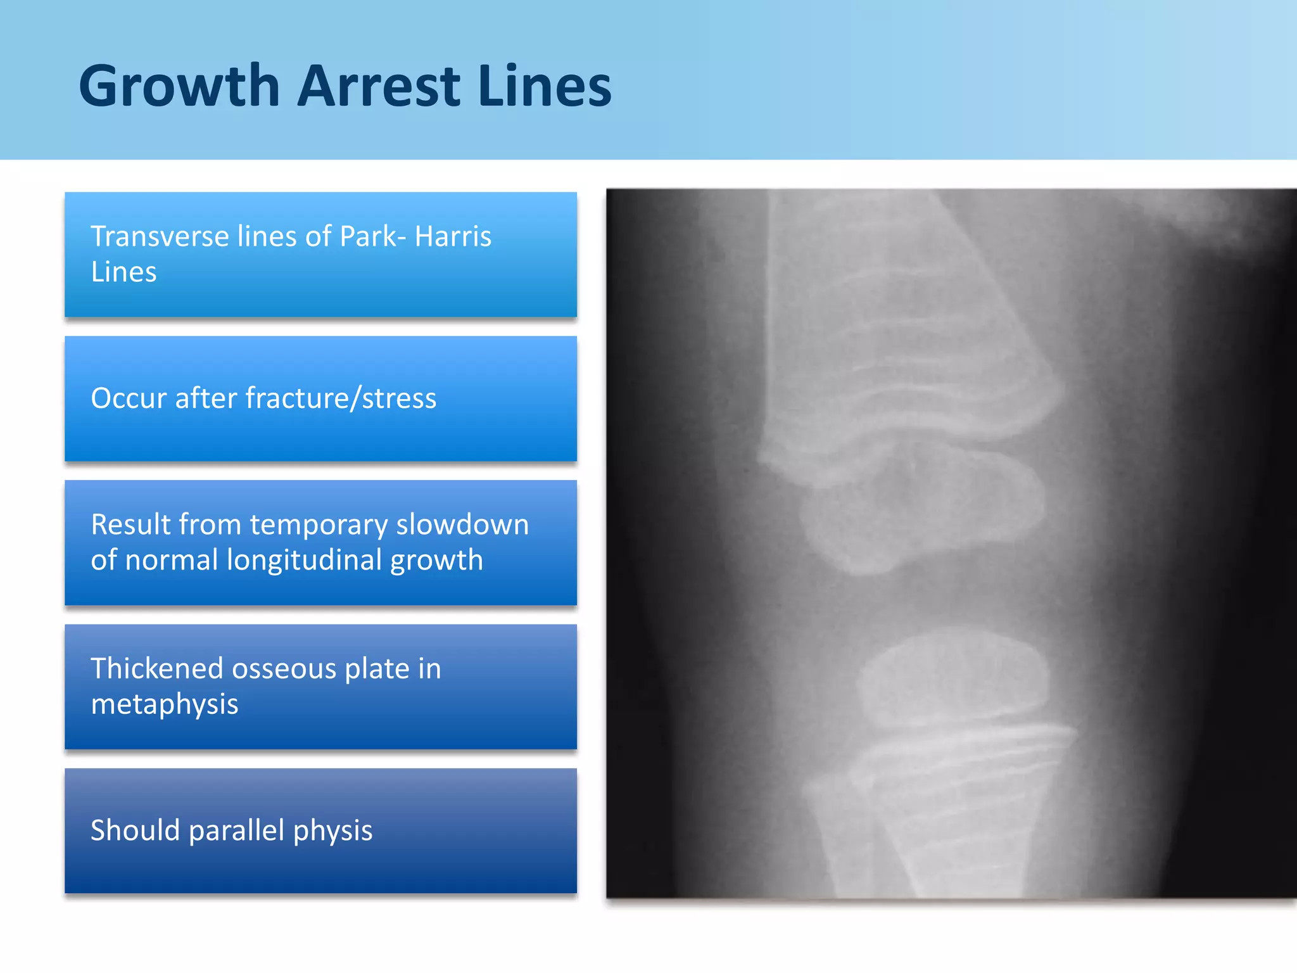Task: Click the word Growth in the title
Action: point(179,87)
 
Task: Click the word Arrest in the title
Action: point(379,87)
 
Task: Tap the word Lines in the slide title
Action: point(545,87)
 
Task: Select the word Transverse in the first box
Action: point(160,237)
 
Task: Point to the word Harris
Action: point(453,237)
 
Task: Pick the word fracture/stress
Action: point(341,398)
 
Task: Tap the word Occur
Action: point(129,398)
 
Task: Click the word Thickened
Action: point(157,669)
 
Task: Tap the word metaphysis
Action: point(165,704)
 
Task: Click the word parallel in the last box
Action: point(236,830)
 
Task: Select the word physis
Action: point(333,830)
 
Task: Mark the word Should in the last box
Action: point(134,830)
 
